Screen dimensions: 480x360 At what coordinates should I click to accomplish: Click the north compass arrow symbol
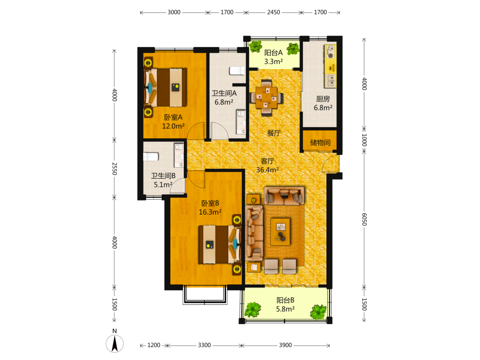pyautogui.click(x=115, y=344)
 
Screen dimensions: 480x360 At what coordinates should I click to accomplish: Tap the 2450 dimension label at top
pyautogui.click(x=274, y=12)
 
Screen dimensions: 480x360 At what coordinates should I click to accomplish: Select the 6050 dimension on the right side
pyautogui.click(x=364, y=219)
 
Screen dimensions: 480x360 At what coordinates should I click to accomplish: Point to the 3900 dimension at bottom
pyautogui.click(x=285, y=345)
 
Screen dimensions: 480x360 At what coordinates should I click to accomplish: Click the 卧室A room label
pyautogui.click(x=173, y=117)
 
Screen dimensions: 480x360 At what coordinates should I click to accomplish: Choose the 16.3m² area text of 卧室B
pyautogui.click(x=210, y=212)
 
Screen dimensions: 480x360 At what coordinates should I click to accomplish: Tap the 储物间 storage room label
pyautogui.click(x=320, y=143)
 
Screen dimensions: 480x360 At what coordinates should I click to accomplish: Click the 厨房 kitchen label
pyautogui.click(x=323, y=99)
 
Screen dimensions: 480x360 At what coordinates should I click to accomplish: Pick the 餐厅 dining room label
pyautogui.click(x=274, y=133)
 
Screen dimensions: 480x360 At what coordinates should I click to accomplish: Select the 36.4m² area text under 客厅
pyautogui.click(x=267, y=169)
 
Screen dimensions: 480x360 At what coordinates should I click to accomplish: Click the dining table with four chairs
pyautogui.click(x=266, y=97)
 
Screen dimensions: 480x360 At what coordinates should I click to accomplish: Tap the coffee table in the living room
pyautogui.click(x=280, y=231)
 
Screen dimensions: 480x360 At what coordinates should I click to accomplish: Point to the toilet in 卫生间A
pyautogui.click(x=237, y=71)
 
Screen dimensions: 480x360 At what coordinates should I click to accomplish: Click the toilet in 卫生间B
pyautogui.click(x=151, y=157)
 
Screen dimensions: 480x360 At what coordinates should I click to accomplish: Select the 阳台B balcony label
pyautogui.click(x=285, y=300)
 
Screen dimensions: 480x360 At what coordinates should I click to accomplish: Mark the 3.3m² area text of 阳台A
pyautogui.click(x=274, y=61)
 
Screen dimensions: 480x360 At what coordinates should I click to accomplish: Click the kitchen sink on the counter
pyautogui.click(x=331, y=81)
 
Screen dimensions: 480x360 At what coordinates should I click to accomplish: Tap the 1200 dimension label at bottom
pyautogui.click(x=154, y=345)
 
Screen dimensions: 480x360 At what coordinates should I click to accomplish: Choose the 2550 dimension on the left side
pyautogui.click(x=114, y=168)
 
